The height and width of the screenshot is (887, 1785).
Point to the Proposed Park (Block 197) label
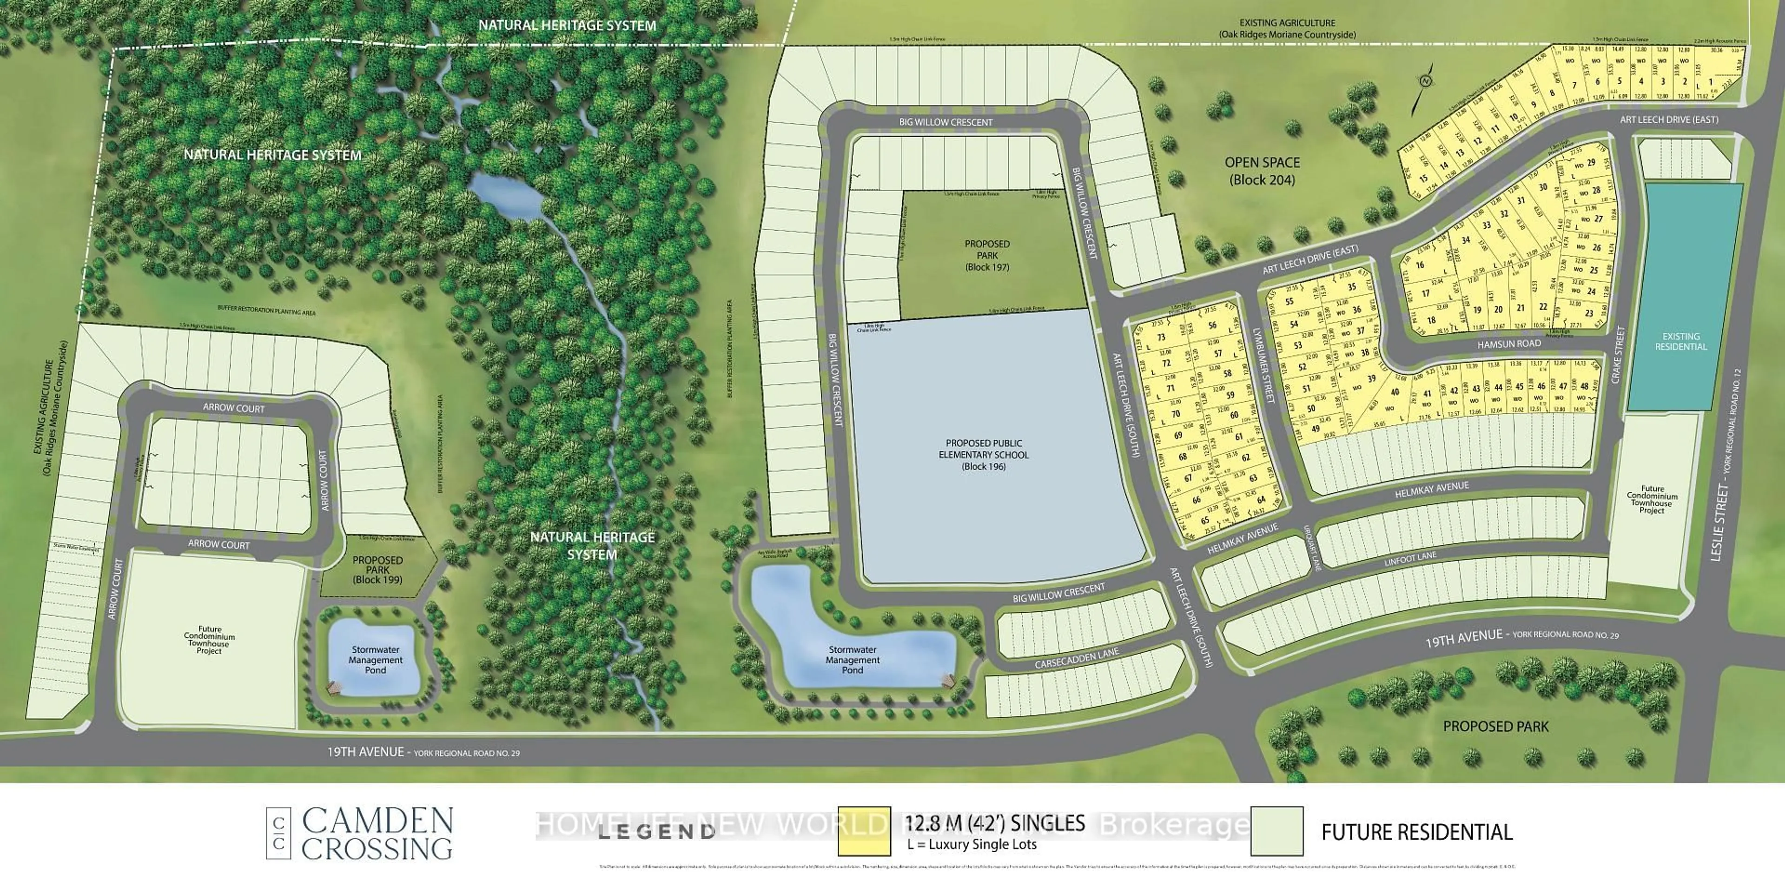coord(987,255)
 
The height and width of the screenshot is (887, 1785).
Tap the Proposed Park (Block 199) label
coord(377,569)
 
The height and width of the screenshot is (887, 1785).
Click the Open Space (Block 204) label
coord(1262,171)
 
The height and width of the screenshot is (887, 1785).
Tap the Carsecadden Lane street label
coord(1077,658)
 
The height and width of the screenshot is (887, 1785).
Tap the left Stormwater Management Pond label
coord(376,660)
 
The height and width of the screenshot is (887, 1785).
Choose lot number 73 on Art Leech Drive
coord(1161,338)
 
